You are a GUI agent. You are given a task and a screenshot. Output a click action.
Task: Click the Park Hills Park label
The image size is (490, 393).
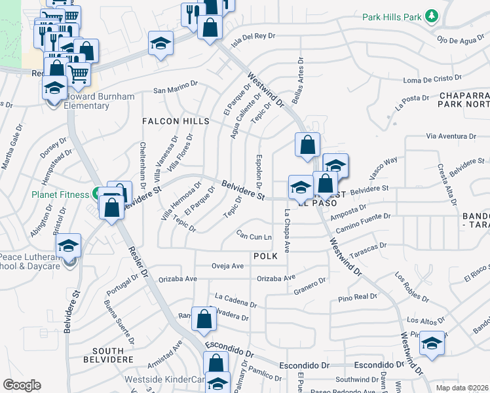pyautogui.click(x=392, y=16)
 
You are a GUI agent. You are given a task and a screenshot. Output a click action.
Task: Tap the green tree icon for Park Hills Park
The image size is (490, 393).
pyautogui.click(x=431, y=16)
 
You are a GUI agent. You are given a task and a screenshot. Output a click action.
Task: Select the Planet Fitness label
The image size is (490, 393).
pyautogui.click(x=60, y=195)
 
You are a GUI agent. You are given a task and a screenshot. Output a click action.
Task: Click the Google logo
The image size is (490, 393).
pyautogui.click(x=22, y=385)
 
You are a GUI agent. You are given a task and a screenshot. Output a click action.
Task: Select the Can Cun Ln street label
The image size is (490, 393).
pyautogui.click(x=254, y=234)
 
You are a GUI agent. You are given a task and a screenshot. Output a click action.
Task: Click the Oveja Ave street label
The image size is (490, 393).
pyautogui.click(x=227, y=266)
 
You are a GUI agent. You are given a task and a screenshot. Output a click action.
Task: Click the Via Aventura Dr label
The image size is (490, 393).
pyautogui.click(x=450, y=136)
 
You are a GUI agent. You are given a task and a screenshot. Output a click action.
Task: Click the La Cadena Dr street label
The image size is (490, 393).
pyautogui.click(x=235, y=300)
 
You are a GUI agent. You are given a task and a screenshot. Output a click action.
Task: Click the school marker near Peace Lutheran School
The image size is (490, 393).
pyautogui.click(x=68, y=246)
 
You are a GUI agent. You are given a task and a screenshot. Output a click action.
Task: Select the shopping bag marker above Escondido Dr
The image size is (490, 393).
pyautogui.click(x=204, y=319)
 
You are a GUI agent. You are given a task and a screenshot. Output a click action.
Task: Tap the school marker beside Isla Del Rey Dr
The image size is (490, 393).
pyautogui.click(x=160, y=44)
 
